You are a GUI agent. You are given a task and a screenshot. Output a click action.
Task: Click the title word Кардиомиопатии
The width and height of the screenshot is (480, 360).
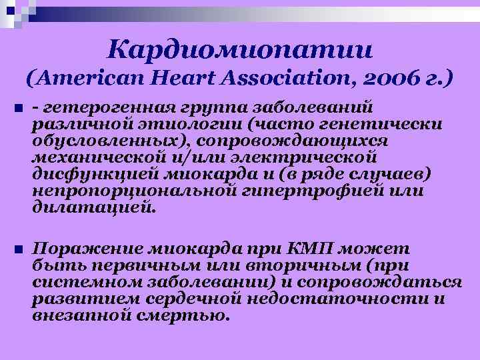(x=241, y=48)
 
